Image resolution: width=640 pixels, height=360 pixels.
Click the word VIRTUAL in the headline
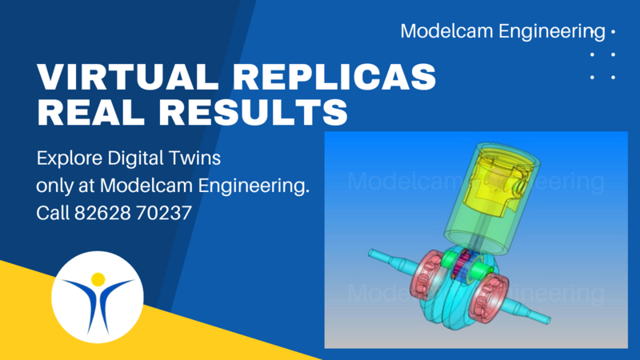[x=128, y=76]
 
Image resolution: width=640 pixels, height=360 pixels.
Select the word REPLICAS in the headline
[x=337, y=76]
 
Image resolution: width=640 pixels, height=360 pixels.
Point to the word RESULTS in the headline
[x=254, y=111]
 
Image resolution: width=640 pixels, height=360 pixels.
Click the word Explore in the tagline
[x=69, y=158]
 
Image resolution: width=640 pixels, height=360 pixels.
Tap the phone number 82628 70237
[x=133, y=213]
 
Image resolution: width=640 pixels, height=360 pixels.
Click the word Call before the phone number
[x=52, y=213]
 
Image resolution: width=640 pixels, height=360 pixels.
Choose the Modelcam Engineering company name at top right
[x=502, y=31]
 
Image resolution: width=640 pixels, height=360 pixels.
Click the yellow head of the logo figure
[x=98, y=279]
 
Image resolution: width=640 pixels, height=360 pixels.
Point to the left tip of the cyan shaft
[x=370, y=254]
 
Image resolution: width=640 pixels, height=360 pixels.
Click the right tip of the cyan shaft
[x=549, y=319]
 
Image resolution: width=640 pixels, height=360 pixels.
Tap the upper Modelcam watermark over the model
[x=475, y=182]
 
